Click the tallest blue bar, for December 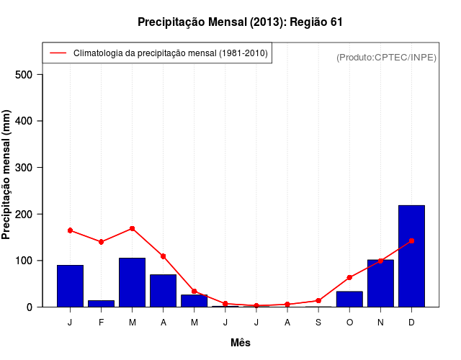point(411,256)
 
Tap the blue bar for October point(349,299)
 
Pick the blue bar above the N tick point(380,283)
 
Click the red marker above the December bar point(411,240)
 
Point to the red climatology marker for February point(101,242)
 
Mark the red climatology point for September point(318,300)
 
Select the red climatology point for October point(349,277)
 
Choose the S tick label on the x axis point(318,323)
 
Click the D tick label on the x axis point(411,323)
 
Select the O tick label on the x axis point(349,323)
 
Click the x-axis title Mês point(241,343)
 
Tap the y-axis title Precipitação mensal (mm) point(8,180)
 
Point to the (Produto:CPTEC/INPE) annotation point(386,57)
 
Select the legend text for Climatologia point(171,53)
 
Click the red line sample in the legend point(58,53)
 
